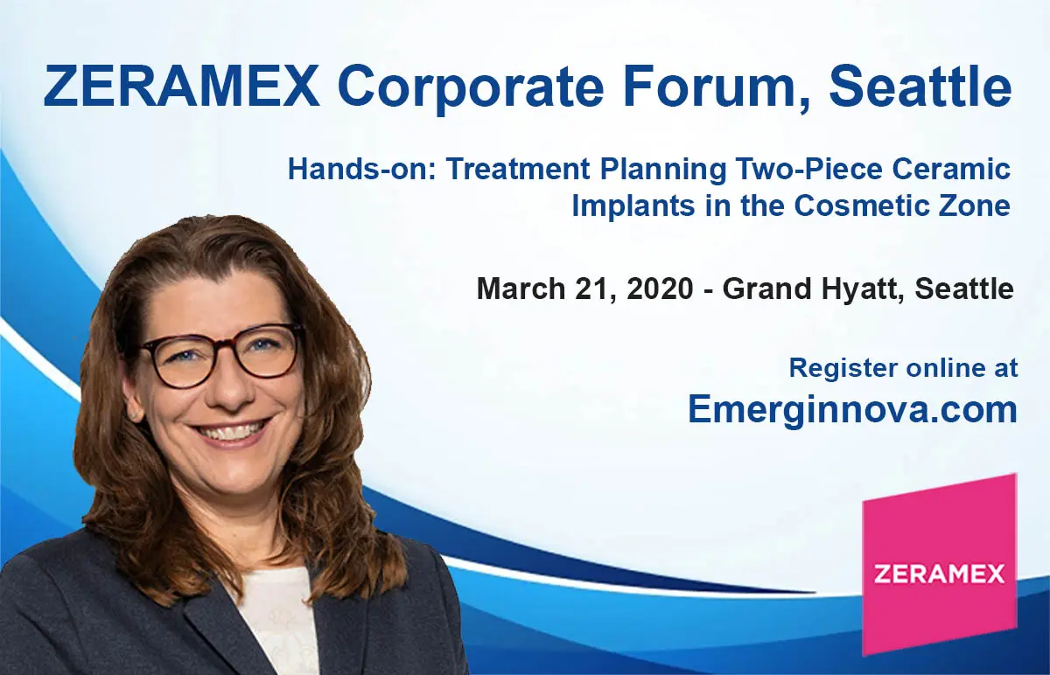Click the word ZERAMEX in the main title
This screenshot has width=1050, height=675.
[x=181, y=87]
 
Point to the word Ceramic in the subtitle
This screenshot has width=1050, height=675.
[x=951, y=169]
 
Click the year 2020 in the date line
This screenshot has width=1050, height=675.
[x=660, y=288]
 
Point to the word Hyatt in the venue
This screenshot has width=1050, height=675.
[x=863, y=289]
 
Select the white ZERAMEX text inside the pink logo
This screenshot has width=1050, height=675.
[x=940, y=574]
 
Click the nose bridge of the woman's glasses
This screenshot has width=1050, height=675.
[x=221, y=350]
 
